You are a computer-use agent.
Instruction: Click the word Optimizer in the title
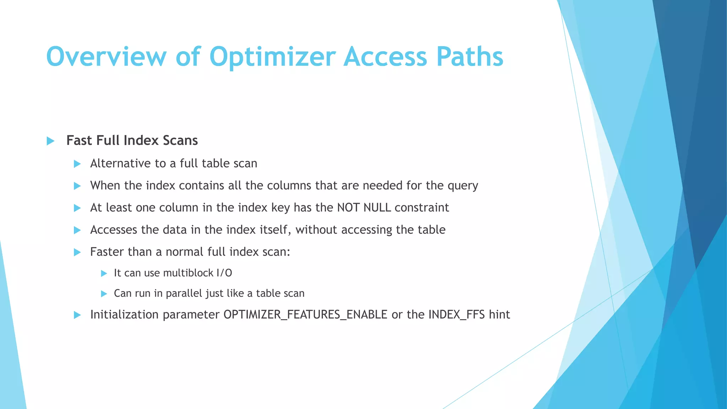272,57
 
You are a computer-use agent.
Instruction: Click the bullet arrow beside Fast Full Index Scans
50,141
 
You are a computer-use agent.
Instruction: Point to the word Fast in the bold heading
79,141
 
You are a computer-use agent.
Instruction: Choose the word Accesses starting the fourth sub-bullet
114,230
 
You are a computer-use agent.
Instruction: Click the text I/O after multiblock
224,273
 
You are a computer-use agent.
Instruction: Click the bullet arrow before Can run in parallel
104,294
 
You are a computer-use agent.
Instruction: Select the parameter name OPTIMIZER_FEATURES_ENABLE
305,315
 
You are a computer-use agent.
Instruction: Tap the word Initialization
124,315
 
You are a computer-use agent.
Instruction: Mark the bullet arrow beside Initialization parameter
77,315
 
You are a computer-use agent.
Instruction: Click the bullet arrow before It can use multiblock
104,273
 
